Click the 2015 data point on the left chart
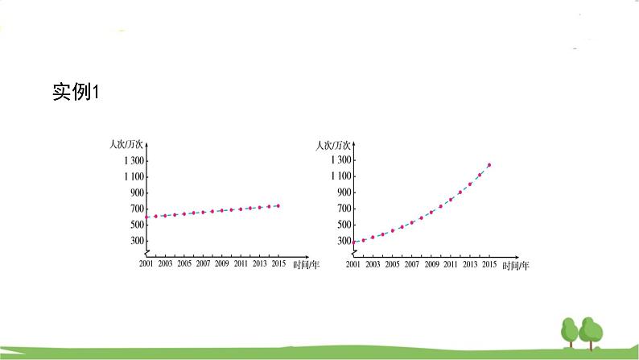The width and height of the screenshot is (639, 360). click(x=278, y=205)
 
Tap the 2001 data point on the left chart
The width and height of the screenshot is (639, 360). click(x=146, y=217)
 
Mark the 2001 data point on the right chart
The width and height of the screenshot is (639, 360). click(x=353, y=242)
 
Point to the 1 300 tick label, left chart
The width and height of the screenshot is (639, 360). click(x=134, y=160)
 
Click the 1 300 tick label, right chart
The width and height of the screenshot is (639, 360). click(x=341, y=159)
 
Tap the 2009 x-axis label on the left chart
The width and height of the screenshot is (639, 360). click(x=221, y=263)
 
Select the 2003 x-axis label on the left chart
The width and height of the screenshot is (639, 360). click(x=165, y=263)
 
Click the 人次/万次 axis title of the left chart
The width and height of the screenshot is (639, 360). click(x=125, y=145)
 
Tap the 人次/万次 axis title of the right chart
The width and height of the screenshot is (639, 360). click(x=333, y=146)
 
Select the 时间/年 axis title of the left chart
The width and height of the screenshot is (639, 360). click(x=306, y=265)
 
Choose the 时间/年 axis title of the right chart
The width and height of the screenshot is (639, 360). click(x=515, y=265)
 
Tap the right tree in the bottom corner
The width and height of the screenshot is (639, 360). click(x=592, y=333)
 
